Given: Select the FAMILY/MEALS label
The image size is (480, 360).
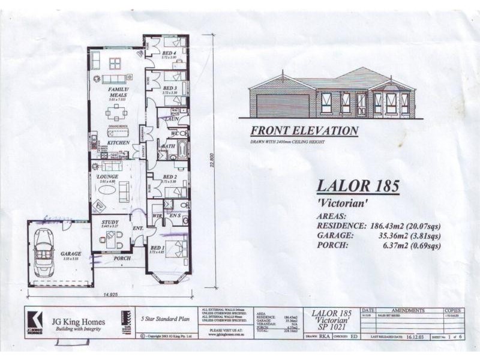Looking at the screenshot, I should pyautogui.click(x=118, y=92).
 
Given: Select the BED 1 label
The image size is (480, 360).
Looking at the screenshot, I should pyautogui.click(x=157, y=248).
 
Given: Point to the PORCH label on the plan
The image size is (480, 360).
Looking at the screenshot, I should pyautogui.click(x=122, y=259).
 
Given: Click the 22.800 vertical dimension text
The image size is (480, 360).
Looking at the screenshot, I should pyautogui.click(x=211, y=163).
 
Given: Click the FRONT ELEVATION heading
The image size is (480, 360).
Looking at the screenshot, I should pyautogui.click(x=304, y=131).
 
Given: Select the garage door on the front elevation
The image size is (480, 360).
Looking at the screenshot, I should pyautogui.click(x=283, y=106).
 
